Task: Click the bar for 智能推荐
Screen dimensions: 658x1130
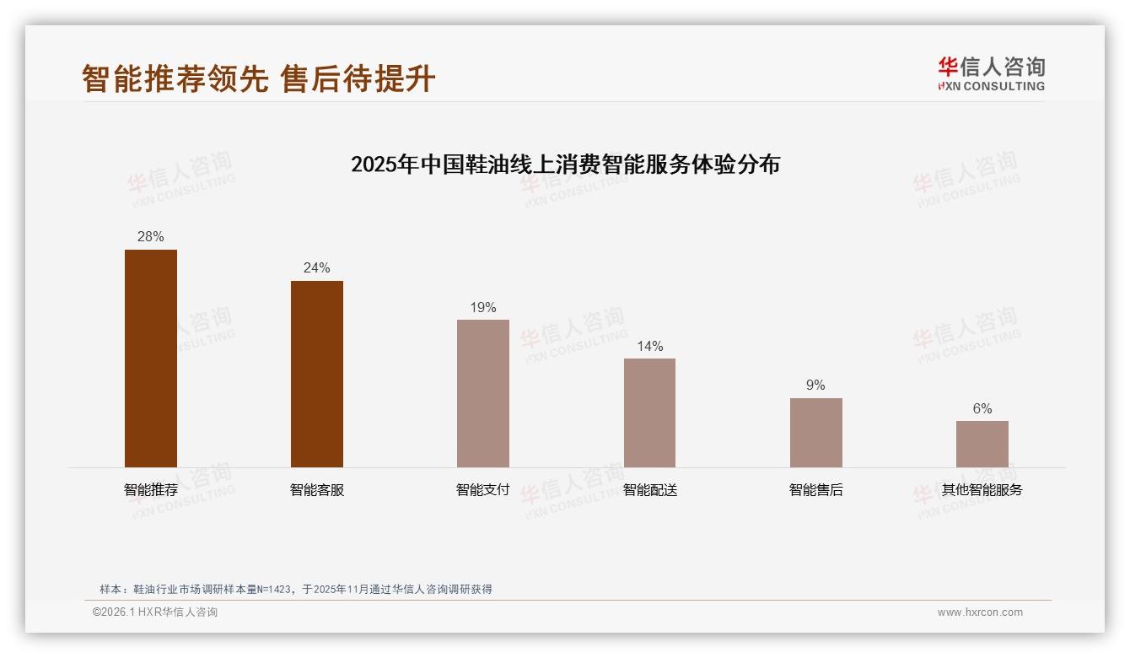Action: coord(151,359)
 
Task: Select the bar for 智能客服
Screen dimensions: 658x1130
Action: coord(317,374)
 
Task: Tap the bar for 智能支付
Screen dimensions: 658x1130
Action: coord(483,393)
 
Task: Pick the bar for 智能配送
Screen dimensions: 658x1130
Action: coord(649,413)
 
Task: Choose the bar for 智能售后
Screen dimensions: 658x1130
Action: coord(815,433)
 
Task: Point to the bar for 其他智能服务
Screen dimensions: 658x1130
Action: coord(982,444)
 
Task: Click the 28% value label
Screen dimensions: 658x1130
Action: coord(151,237)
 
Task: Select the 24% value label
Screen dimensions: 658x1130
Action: coord(317,268)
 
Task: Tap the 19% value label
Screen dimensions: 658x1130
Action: coord(483,308)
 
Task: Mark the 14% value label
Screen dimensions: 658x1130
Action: coord(649,347)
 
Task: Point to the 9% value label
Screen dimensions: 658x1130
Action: coord(815,386)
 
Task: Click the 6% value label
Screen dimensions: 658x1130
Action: coord(982,409)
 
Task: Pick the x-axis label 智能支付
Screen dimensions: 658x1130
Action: coord(483,489)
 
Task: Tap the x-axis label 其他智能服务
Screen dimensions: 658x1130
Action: coord(982,489)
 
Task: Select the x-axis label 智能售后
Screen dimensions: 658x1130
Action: coord(815,489)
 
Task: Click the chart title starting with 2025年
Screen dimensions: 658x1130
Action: coord(565,164)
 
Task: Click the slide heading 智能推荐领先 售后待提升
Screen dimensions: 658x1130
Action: coord(258,78)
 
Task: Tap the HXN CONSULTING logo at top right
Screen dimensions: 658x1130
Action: coord(991,73)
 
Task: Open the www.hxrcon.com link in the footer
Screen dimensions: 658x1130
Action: coord(980,612)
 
